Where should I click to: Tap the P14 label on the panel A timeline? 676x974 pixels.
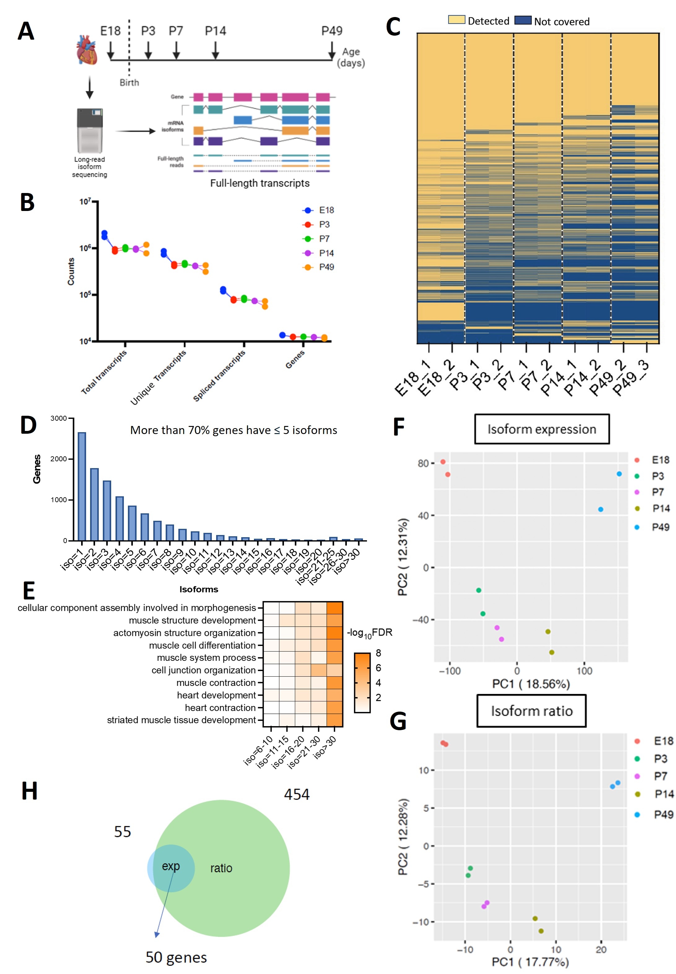215,31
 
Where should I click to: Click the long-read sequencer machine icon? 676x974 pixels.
89,130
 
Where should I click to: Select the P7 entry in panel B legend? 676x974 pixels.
324,239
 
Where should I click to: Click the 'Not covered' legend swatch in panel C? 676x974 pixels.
523,20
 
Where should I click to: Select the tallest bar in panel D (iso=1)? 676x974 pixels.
82,486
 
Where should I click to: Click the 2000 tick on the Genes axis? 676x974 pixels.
59,459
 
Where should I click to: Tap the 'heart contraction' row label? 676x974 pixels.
220,708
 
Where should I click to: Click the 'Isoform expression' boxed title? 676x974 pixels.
542,429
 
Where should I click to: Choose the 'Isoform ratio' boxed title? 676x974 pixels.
532,711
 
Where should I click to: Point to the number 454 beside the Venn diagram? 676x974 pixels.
296,794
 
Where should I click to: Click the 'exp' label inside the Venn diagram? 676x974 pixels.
171,867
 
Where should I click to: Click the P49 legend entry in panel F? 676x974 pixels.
660,527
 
